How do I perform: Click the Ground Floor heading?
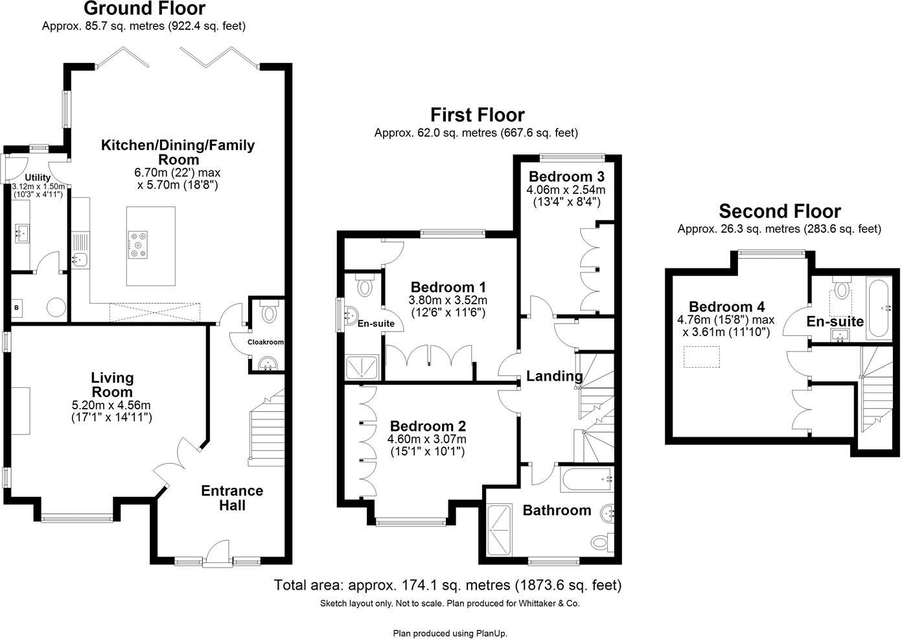coord(144,9)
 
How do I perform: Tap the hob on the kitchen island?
coord(138,244)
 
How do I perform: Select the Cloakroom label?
coord(266,342)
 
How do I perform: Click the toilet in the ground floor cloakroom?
coord(268,313)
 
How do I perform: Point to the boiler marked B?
coord(16,308)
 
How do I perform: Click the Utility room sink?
coord(22,232)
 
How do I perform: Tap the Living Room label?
coord(112,385)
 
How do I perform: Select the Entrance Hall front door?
coord(216,557)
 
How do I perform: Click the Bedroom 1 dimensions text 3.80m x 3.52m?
coord(448,300)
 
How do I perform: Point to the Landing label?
coord(554,376)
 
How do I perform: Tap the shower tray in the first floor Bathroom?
coord(499,531)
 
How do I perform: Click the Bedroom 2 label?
coord(428,426)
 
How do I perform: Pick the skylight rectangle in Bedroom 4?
coord(702,357)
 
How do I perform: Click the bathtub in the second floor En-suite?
coord(879,307)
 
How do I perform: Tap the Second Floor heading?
coord(780,211)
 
